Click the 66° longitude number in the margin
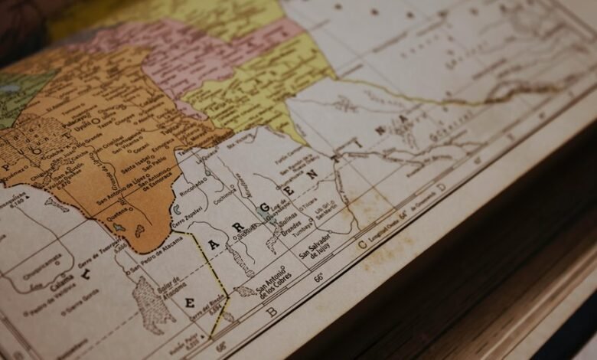click(x=318, y=277)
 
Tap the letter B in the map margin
click(x=271, y=312)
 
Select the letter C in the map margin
click(x=361, y=245)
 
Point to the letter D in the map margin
click(x=441, y=187)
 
